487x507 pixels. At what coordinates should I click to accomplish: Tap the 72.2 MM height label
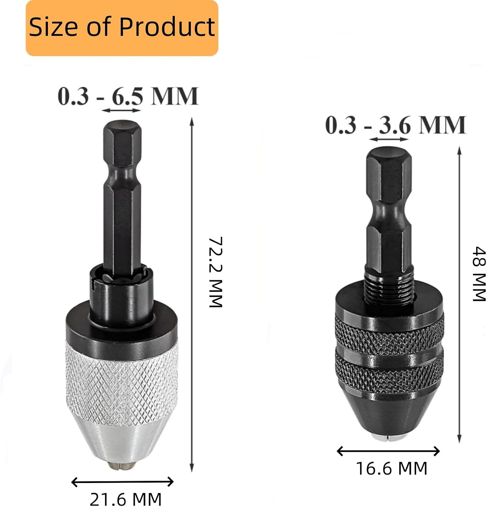pos(215,272)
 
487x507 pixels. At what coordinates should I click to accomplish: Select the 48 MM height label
pos(479,274)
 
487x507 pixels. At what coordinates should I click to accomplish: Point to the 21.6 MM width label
pos(125,499)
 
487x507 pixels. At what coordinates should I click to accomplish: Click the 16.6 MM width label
pos(392,468)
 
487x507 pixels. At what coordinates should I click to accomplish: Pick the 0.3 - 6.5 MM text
pos(128,96)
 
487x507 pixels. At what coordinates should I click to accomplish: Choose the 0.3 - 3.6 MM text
pos(396,125)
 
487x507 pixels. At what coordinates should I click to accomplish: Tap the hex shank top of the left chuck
pos(122,135)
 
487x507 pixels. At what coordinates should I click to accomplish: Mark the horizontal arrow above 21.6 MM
pos(122,482)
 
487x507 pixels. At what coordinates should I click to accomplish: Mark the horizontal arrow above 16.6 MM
pos(388,451)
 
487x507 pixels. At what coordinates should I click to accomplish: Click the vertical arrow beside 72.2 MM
pos(192,294)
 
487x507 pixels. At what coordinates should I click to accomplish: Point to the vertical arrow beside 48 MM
pos(459,294)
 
